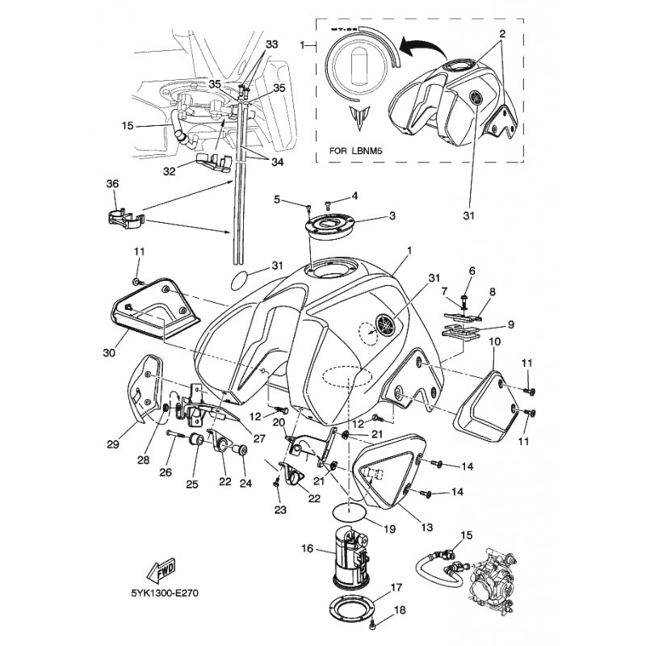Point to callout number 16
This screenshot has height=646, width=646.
(x=308, y=547)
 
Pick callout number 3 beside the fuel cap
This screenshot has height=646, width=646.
(x=392, y=216)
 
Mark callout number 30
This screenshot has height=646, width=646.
(x=111, y=353)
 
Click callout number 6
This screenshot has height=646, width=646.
(x=472, y=271)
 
